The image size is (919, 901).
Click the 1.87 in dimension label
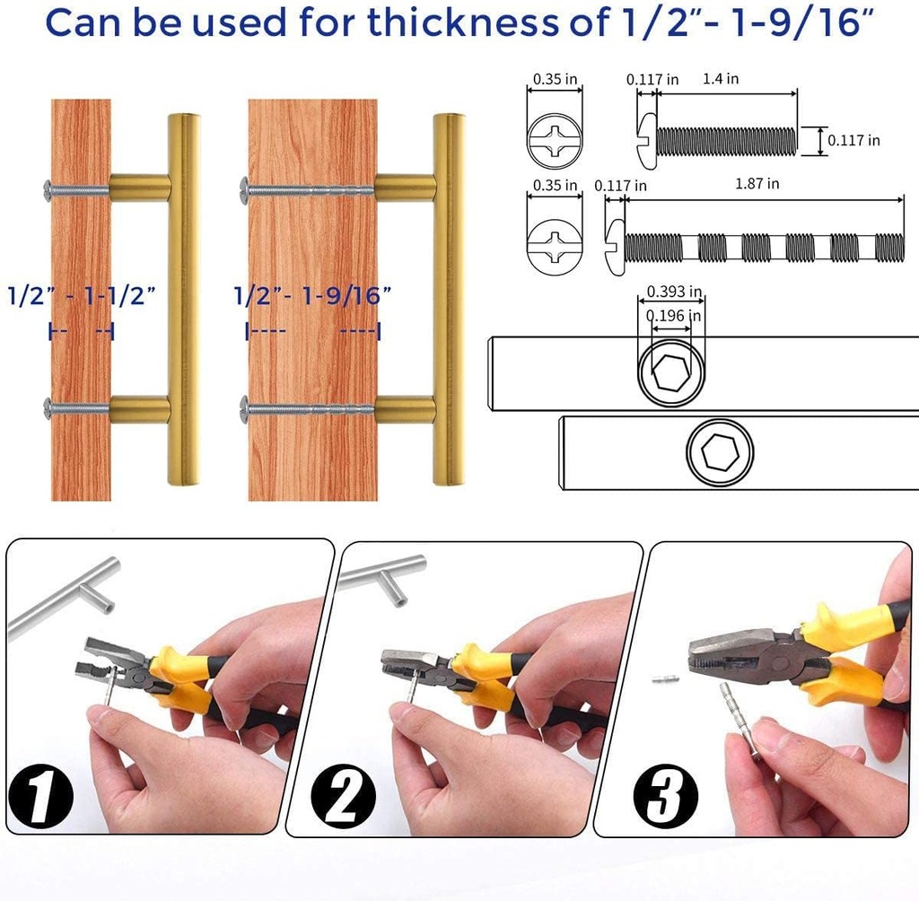click(757, 184)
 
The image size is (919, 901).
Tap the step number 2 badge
click(341, 794)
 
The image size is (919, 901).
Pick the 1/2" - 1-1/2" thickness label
click(82, 295)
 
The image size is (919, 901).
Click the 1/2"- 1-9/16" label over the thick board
click(312, 295)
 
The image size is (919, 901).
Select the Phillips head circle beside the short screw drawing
click(555, 140)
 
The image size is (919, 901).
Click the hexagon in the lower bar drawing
click(719, 454)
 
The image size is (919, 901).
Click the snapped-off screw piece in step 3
click(665, 679)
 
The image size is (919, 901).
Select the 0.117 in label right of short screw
click(853, 140)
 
